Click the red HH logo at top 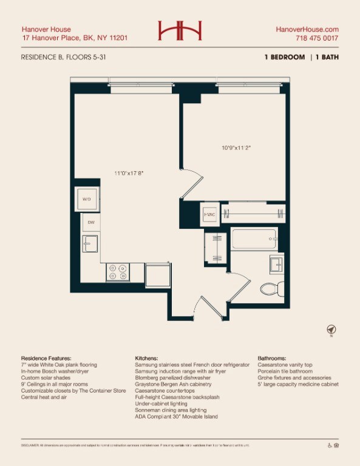click(180, 31)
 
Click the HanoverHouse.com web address click(307, 29)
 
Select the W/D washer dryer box click(86, 199)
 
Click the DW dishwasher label click(91, 223)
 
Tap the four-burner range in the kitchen click(118, 272)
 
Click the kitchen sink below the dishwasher click(90, 245)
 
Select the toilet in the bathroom click(268, 287)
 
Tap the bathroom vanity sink click(276, 265)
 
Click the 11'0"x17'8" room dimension click(129, 173)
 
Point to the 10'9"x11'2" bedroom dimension click(236, 147)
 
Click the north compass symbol click(331, 330)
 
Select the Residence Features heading click(46, 359)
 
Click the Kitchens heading click(147, 359)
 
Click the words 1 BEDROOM click(284, 57)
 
